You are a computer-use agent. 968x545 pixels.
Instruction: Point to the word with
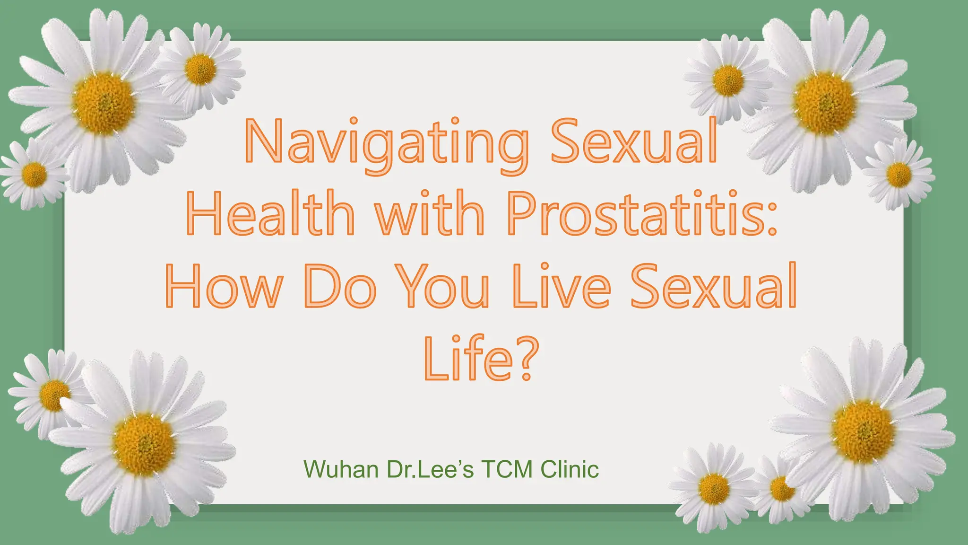point(430,213)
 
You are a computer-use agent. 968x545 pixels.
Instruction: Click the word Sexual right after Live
point(714,286)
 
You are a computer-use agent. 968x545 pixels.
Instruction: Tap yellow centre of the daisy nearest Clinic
point(714,489)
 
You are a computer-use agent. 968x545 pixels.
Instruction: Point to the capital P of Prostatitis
point(521,213)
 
